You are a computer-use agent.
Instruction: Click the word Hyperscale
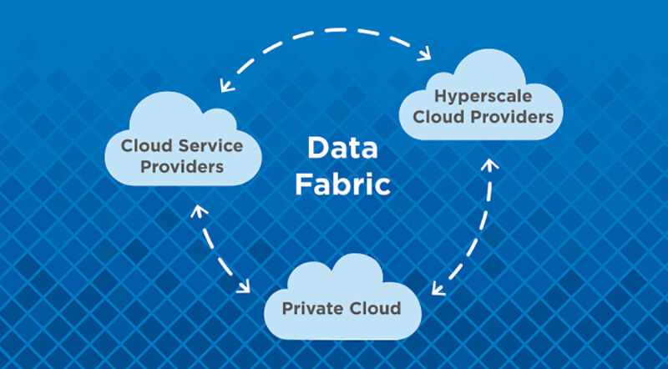pos(483,97)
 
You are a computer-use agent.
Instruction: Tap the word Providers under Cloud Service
pos(182,166)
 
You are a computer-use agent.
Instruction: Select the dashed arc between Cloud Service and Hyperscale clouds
pos(326,31)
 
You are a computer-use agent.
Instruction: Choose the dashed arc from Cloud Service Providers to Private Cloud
pos(213,250)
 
